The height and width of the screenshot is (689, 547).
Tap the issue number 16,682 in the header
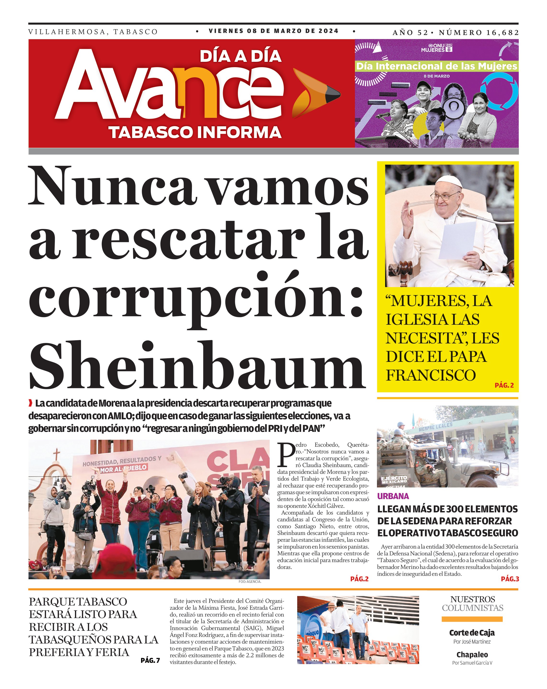[503, 33]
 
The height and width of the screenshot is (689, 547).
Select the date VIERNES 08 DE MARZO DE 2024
[273, 31]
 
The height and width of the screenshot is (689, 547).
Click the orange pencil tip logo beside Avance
[316, 93]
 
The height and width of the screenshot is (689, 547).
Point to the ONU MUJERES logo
[437, 48]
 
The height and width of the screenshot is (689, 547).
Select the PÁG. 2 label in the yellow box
[504, 385]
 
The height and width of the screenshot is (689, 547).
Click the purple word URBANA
[393, 496]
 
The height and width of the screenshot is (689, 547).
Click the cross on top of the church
[57, 455]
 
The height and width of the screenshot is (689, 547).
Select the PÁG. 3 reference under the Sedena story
[510, 579]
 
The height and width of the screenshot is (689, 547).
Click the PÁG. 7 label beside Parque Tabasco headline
[150, 660]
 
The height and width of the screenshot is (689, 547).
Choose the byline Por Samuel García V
[472, 663]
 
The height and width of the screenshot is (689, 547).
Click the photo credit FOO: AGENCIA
[250, 582]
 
